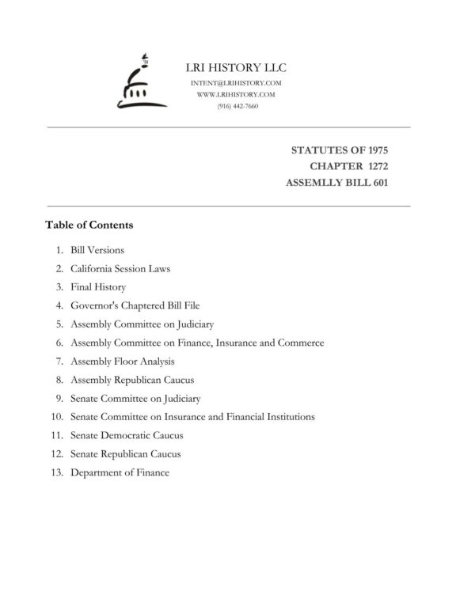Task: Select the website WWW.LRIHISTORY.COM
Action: click(x=237, y=94)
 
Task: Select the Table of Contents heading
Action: click(x=89, y=225)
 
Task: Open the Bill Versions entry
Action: click(x=97, y=250)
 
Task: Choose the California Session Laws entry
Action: click(x=120, y=268)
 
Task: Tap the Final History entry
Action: click(x=98, y=287)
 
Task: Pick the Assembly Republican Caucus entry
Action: click(x=132, y=380)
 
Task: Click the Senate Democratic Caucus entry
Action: click(x=127, y=435)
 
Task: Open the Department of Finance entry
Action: click(x=120, y=473)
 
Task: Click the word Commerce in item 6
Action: click(x=302, y=343)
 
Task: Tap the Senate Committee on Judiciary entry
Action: click(x=135, y=398)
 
